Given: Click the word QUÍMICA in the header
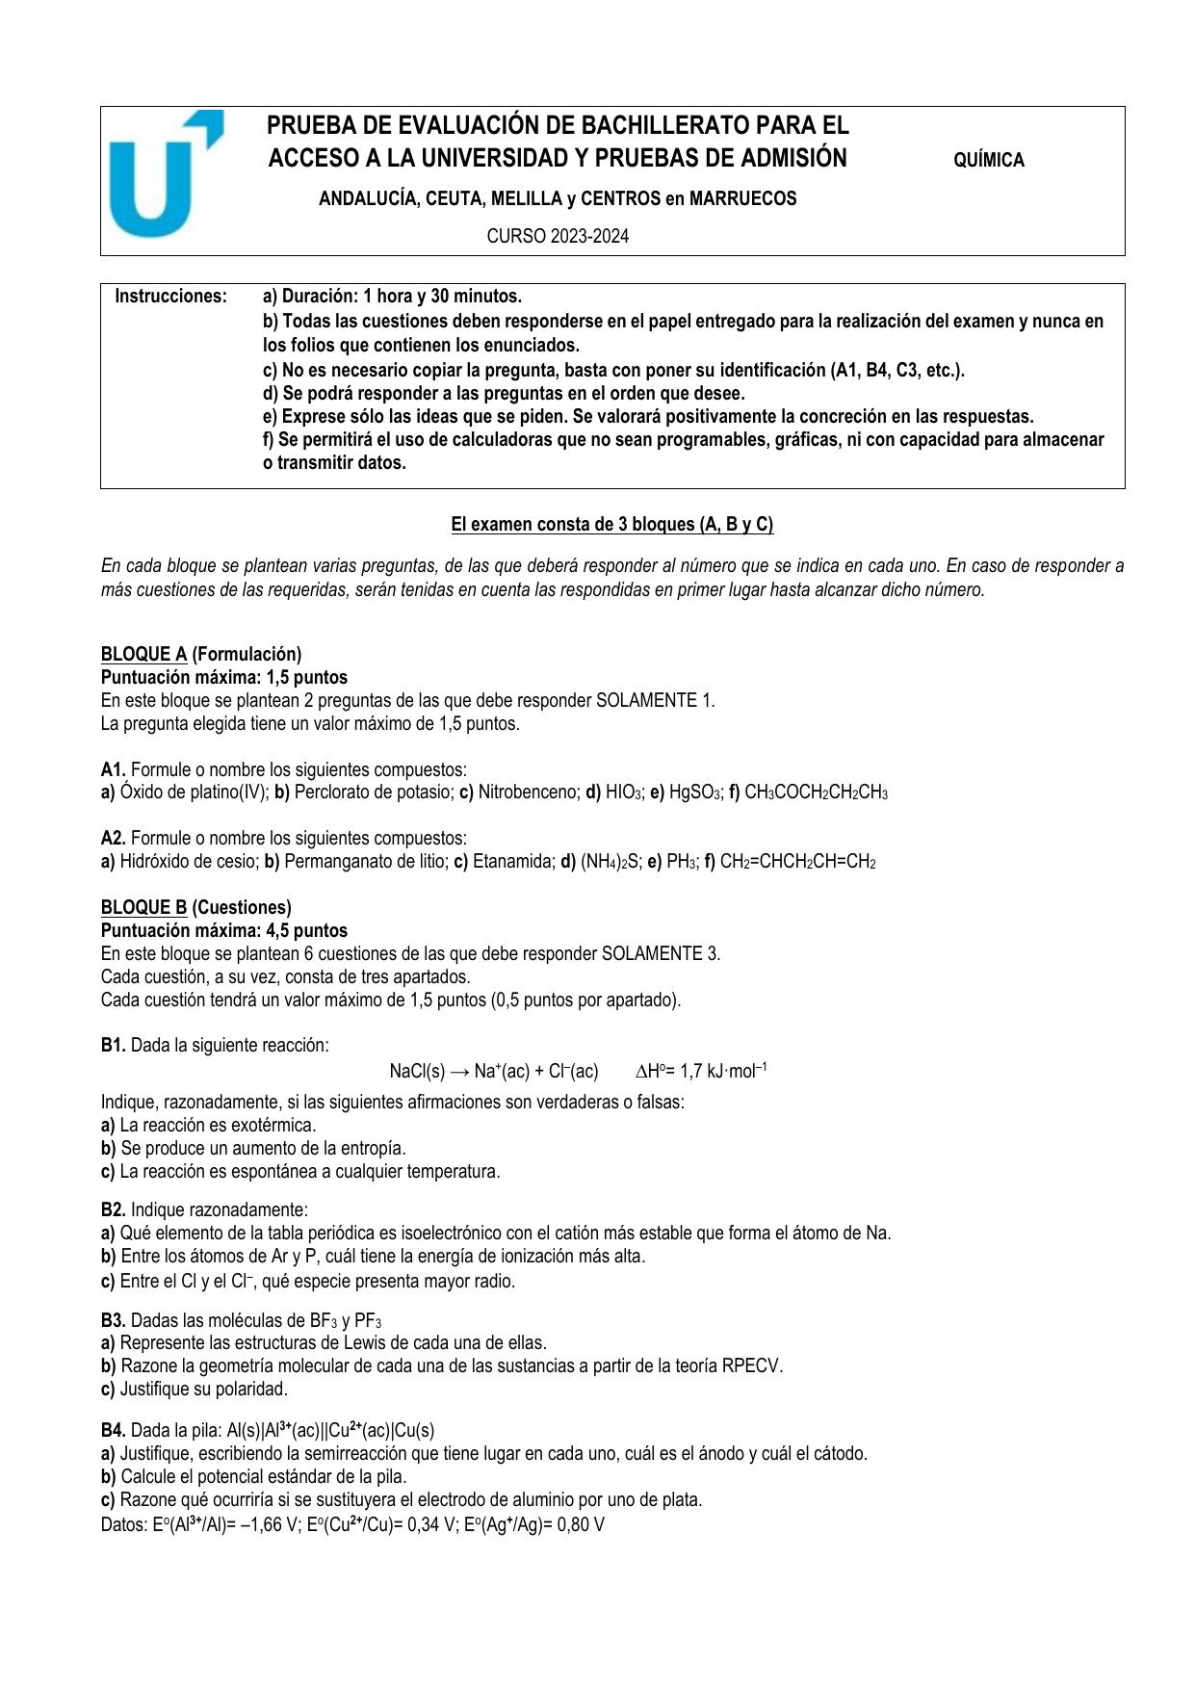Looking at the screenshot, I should point(988,161).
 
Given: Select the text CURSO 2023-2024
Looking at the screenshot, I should point(558,237).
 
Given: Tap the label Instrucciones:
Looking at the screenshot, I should point(171,297).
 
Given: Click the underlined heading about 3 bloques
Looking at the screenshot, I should point(612,525).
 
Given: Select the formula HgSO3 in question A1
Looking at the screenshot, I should point(694,793).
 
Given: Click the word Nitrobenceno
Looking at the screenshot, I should point(527,793).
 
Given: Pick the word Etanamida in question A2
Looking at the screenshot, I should point(510,862).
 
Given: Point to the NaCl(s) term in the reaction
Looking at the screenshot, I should point(417,1072).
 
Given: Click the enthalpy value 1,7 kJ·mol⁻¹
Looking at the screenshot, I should point(724,1072).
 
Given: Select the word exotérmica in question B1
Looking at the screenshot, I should point(273,1126).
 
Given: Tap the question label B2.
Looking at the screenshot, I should point(114,1210).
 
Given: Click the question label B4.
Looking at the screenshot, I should point(114,1431).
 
